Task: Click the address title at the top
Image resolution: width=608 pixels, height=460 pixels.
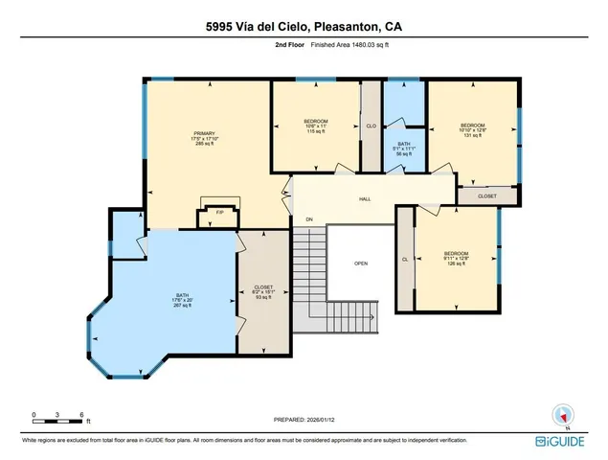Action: pos(304,26)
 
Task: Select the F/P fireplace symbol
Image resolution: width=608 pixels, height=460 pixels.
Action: pos(218,211)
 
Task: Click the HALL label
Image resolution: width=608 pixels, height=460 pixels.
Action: pos(365,199)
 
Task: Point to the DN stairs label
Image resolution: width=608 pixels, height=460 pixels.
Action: pos(309,220)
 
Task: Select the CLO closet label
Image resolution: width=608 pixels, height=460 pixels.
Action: pos(371,126)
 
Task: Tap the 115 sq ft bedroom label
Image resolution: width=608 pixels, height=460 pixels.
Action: pos(316,126)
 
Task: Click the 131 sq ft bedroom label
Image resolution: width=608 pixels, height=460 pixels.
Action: pos(473,129)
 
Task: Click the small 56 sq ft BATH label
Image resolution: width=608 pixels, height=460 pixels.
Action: pos(404,148)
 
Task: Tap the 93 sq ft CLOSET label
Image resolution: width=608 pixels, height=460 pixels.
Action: pos(262,291)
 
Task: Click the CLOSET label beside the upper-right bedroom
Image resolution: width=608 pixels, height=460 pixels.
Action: pos(486,195)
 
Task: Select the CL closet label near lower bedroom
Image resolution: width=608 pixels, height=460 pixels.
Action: pos(405,259)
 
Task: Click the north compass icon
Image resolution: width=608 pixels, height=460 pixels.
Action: pos(564,415)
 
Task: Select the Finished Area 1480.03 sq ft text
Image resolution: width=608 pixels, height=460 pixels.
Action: pos(332,45)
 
